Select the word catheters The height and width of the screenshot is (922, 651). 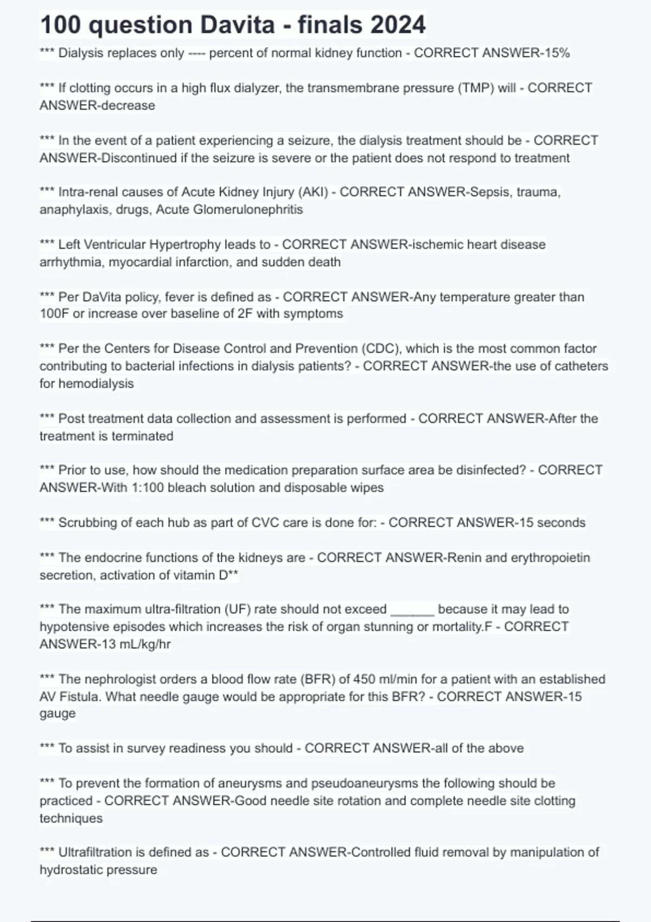click(579, 366)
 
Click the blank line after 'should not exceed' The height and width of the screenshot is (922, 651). click(412, 611)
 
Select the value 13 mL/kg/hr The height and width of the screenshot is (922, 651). click(124, 644)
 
